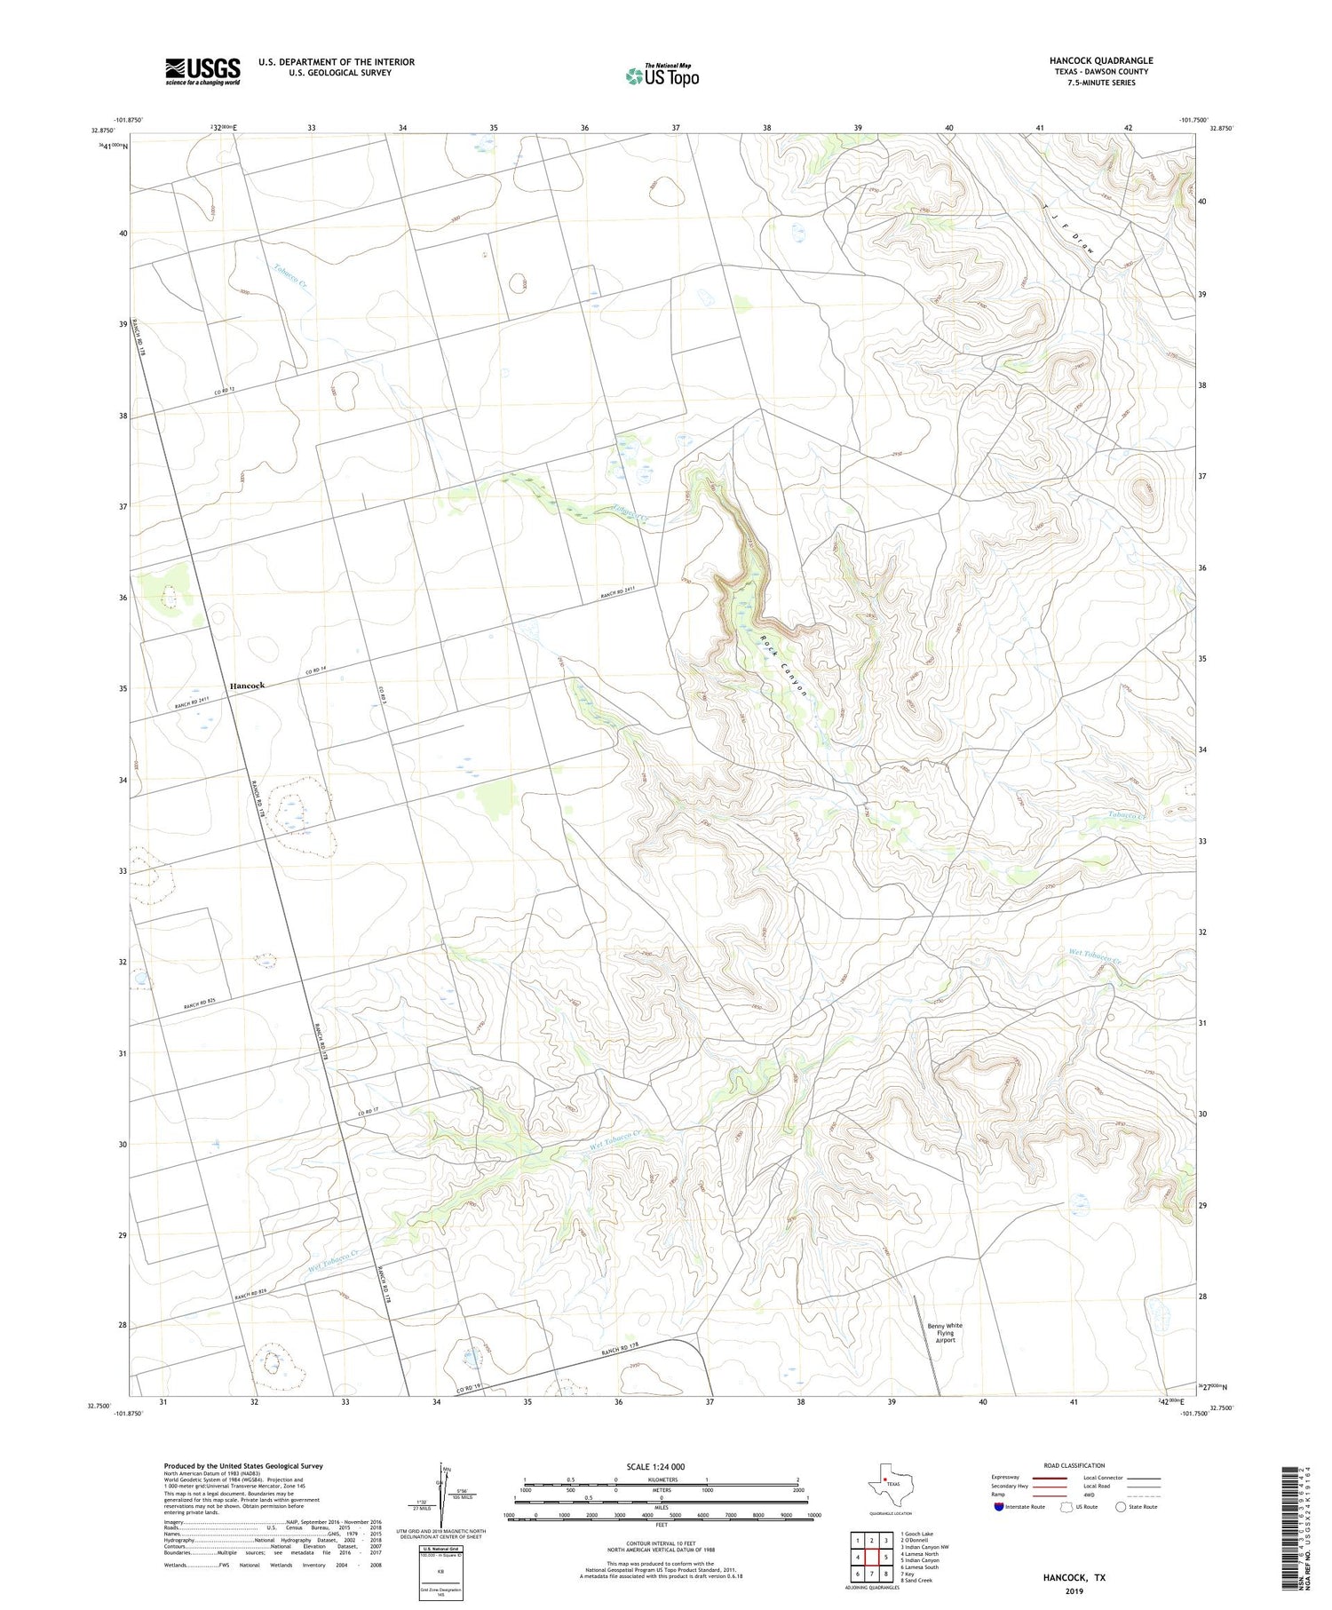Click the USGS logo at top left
(202, 71)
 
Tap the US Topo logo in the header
(662, 76)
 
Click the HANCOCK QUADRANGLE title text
(1100, 60)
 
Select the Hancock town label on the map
(247, 686)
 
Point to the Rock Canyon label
(784, 664)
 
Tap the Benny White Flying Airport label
(945, 1333)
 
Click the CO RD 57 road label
(369, 1112)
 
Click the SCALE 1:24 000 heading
(656, 1466)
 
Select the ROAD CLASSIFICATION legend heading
(1074, 1465)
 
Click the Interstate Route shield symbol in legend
(999, 1506)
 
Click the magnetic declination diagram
(444, 1492)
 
